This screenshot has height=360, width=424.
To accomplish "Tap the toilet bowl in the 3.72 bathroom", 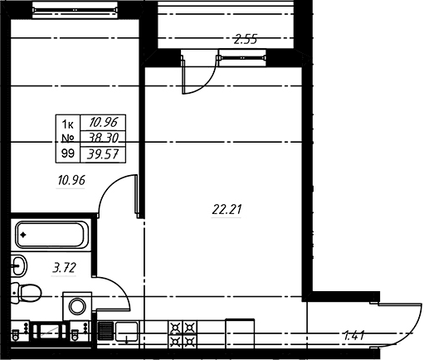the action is (27, 293).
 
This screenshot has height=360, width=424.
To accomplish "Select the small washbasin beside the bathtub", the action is (19, 265).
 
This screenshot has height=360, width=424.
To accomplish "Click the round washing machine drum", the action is (78, 306).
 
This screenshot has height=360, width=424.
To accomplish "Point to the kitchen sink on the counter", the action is (126, 332).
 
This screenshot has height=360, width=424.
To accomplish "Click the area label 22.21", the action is (227, 209).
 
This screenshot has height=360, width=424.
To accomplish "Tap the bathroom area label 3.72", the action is (64, 268).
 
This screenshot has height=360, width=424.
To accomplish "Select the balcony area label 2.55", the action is (246, 39).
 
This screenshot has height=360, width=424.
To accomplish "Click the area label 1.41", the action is (353, 336).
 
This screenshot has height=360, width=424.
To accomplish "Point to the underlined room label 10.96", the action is (71, 180).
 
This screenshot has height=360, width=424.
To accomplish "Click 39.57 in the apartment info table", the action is (103, 154).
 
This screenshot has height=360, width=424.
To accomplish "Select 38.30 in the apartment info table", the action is (104, 138).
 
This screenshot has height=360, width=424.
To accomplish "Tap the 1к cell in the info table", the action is (67, 124).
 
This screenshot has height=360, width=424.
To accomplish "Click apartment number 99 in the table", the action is (68, 153).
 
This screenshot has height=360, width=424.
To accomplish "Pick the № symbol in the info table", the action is (67, 138).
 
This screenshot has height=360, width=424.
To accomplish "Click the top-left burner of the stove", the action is (175, 328).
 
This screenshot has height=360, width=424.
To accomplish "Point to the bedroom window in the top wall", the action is (75, 10).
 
